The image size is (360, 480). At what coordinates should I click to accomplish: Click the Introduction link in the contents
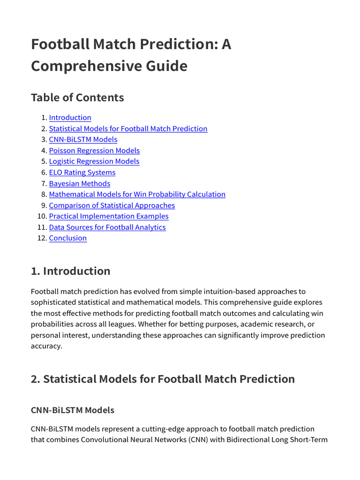click(x=70, y=118)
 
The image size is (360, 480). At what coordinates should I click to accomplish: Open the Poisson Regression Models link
click(x=94, y=150)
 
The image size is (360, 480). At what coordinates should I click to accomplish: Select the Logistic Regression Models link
click(x=94, y=161)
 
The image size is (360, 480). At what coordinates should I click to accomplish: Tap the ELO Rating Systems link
click(x=82, y=172)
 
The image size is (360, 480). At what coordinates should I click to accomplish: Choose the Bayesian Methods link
click(x=79, y=184)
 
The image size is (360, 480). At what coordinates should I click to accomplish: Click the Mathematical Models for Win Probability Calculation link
click(x=137, y=194)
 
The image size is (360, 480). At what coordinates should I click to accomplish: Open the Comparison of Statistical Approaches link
click(x=112, y=205)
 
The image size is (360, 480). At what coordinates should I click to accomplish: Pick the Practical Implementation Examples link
click(x=108, y=216)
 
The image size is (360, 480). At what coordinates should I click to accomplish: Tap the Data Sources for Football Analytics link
click(x=107, y=227)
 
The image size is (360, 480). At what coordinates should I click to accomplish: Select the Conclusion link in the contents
click(x=67, y=238)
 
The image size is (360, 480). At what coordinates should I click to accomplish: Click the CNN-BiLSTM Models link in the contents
click(x=83, y=140)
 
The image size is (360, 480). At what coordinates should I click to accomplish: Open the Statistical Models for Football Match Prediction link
click(x=128, y=129)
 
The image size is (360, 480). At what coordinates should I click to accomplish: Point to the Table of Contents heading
click(x=77, y=97)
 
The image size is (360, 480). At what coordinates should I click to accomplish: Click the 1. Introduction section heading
click(x=70, y=271)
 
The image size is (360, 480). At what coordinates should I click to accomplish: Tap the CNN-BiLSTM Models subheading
click(x=72, y=410)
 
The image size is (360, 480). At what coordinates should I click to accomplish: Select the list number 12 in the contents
click(x=41, y=238)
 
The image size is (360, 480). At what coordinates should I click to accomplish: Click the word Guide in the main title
click(x=167, y=66)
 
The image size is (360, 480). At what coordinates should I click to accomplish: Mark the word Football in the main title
click(x=60, y=45)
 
